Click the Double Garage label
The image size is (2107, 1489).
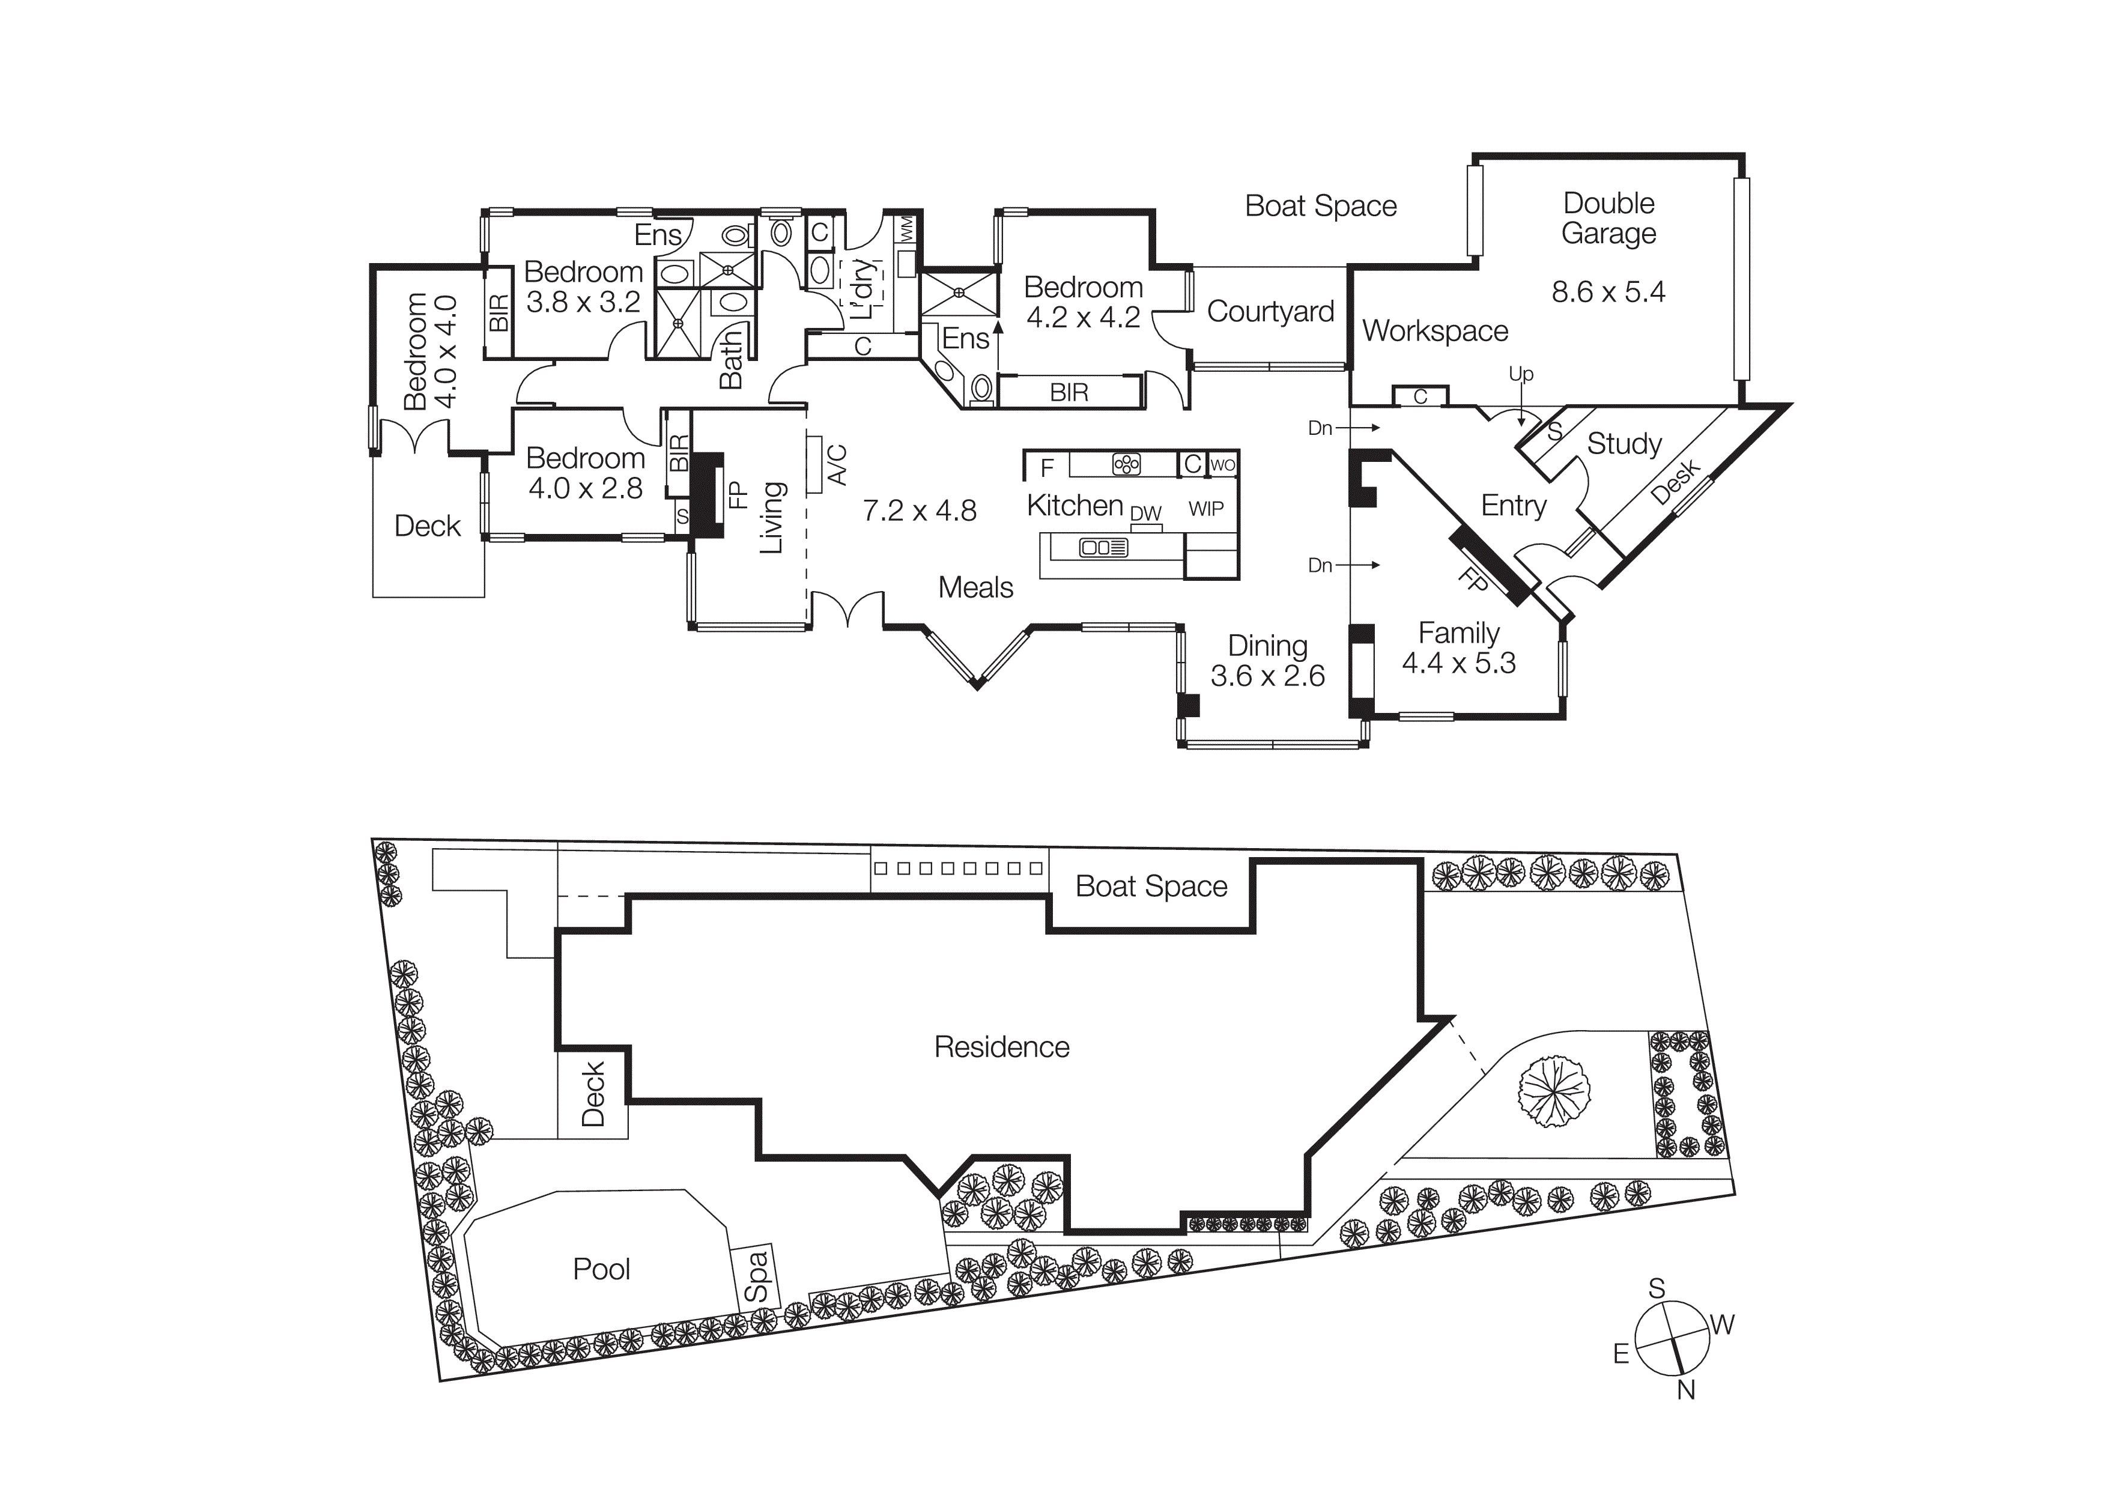pos(1608,219)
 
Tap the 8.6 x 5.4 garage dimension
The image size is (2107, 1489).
pos(1608,293)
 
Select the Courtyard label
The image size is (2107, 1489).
pos(1270,312)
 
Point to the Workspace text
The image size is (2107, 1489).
pos(1434,331)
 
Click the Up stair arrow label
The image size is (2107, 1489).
pos(1521,374)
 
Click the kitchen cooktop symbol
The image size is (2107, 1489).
pos(1126,464)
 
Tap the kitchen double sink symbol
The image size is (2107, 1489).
pos(1104,548)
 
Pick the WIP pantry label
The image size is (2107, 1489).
pos(1206,509)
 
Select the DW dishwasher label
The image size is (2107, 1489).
pos(1145,514)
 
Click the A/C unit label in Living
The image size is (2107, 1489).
pos(836,465)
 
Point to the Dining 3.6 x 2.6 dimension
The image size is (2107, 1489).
pos(1267,677)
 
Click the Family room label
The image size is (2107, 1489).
pos(1458,633)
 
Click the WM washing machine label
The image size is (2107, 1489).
pos(907,229)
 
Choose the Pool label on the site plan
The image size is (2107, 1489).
pos(601,1270)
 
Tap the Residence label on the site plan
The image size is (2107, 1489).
pos(1001,1048)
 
